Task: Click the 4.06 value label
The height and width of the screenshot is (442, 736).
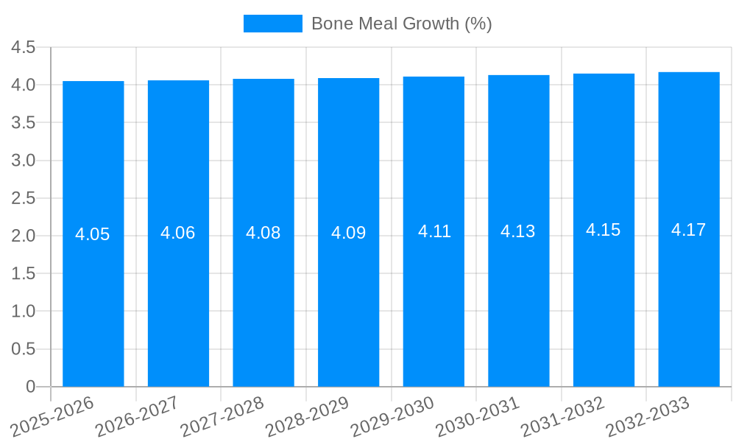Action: (178, 233)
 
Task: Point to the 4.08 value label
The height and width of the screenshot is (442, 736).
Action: (263, 233)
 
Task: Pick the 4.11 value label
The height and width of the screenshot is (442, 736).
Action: (434, 231)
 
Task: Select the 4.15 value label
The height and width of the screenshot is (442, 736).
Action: (604, 230)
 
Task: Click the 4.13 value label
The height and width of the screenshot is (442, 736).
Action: (518, 231)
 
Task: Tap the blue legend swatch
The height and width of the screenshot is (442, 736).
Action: (272, 24)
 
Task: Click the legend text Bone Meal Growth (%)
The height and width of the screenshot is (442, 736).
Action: (401, 24)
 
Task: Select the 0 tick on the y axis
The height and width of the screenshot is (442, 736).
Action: (30, 387)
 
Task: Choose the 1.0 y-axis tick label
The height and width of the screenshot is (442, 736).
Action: (24, 312)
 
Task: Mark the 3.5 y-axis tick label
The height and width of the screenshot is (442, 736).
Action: (24, 123)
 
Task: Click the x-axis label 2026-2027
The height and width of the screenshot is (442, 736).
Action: (137, 416)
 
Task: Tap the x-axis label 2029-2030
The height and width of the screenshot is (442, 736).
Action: (392, 416)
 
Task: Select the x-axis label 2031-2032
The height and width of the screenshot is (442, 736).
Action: (562, 416)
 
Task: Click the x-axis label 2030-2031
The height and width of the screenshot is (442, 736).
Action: (478, 416)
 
